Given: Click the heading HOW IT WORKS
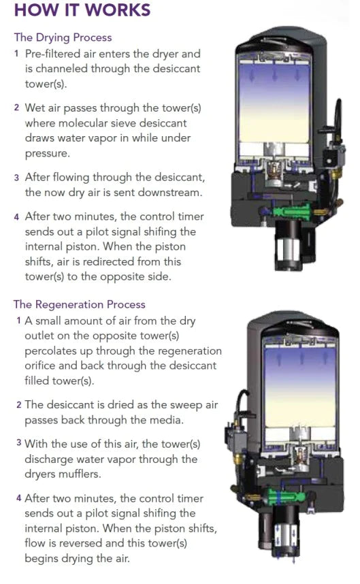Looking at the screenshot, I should pos(82,12).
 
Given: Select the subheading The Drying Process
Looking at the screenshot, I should pos(63,37).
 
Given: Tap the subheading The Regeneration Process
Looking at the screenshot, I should pos(79,304).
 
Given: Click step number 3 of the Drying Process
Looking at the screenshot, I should pos(16,177).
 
